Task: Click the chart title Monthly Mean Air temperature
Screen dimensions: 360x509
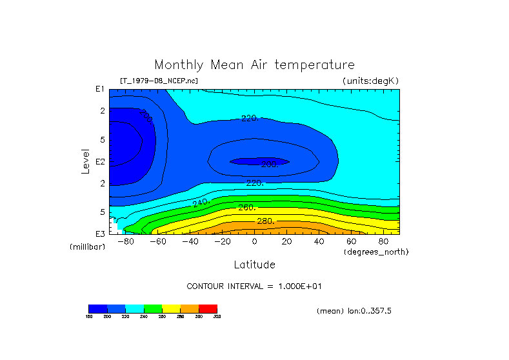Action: (254, 65)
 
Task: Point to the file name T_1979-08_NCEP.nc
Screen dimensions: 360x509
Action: (159, 81)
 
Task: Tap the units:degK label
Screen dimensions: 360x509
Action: (370, 81)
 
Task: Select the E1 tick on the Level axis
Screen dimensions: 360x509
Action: (100, 89)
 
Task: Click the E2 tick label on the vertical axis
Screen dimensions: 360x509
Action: (100, 161)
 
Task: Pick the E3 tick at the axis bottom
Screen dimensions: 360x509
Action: (100, 233)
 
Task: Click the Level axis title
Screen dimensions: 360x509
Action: (85, 161)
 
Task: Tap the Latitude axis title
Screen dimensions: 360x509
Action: (254, 265)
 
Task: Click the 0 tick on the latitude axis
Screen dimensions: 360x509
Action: (255, 241)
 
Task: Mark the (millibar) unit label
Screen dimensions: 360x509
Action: (87, 247)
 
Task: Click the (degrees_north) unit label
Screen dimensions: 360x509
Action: (375, 251)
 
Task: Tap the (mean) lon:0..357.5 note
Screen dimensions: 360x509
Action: (354, 310)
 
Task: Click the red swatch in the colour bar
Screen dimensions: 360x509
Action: (208, 308)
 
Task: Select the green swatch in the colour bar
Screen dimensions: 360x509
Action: (153, 308)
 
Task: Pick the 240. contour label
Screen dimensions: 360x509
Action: (201, 203)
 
